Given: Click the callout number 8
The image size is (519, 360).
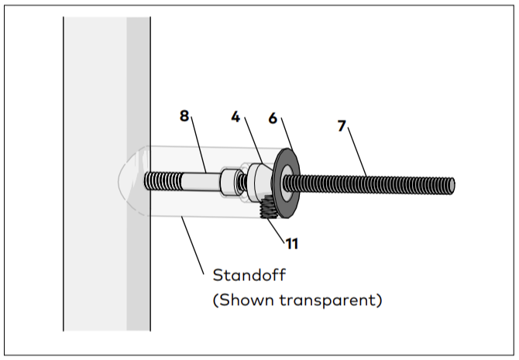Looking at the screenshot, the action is (184, 116).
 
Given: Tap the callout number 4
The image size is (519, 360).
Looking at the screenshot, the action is (235, 117).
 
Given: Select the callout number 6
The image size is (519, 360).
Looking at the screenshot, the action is (273, 118).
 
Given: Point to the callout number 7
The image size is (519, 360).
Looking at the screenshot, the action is (342, 126).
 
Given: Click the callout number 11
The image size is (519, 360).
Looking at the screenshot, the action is (291, 244).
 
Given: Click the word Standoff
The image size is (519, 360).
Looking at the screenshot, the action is (249, 275).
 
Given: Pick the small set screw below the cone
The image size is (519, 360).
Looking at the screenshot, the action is (269, 207).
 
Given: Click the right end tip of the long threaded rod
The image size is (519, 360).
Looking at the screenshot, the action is (452, 187).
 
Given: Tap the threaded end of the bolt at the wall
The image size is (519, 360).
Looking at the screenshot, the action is (163, 181).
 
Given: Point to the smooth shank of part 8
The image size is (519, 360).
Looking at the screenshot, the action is (201, 182).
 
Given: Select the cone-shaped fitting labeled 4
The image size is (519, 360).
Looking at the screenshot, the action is (260, 182).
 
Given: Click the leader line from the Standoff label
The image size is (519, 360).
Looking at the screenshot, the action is (193, 245).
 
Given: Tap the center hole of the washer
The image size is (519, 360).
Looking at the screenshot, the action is (287, 183).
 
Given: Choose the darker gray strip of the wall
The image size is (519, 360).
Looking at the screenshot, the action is (139, 173).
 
